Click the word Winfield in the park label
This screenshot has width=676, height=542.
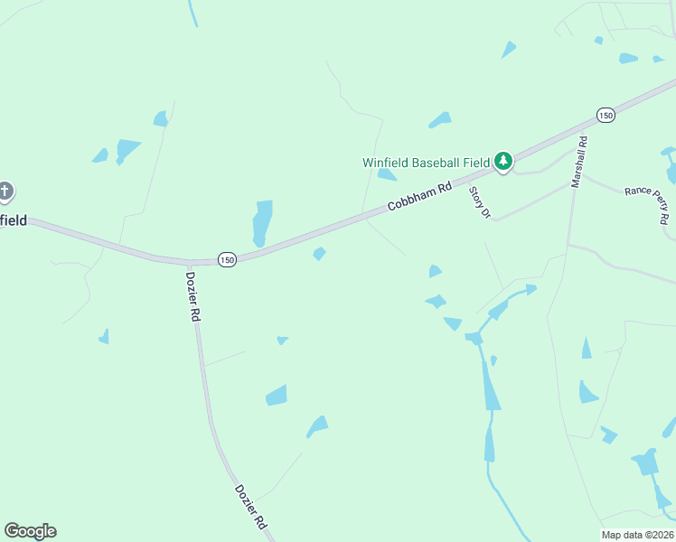[x=386, y=163]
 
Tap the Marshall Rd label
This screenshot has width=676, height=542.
[x=578, y=162]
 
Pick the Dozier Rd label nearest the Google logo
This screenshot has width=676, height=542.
[x=250, y=505]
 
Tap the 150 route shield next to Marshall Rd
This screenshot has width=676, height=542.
[x=606, y=115]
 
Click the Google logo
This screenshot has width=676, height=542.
[x=30, y=531]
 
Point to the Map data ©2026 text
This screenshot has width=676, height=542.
[x=638, y=535]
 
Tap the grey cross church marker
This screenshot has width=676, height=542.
[x=5, y=191]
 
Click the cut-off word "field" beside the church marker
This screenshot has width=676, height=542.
[x=13, y=220]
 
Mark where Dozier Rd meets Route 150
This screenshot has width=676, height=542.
[x=188, y=262]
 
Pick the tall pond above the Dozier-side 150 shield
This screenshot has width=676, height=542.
[x=262, y=222]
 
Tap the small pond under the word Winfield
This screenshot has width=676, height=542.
[x=387, y=174]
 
